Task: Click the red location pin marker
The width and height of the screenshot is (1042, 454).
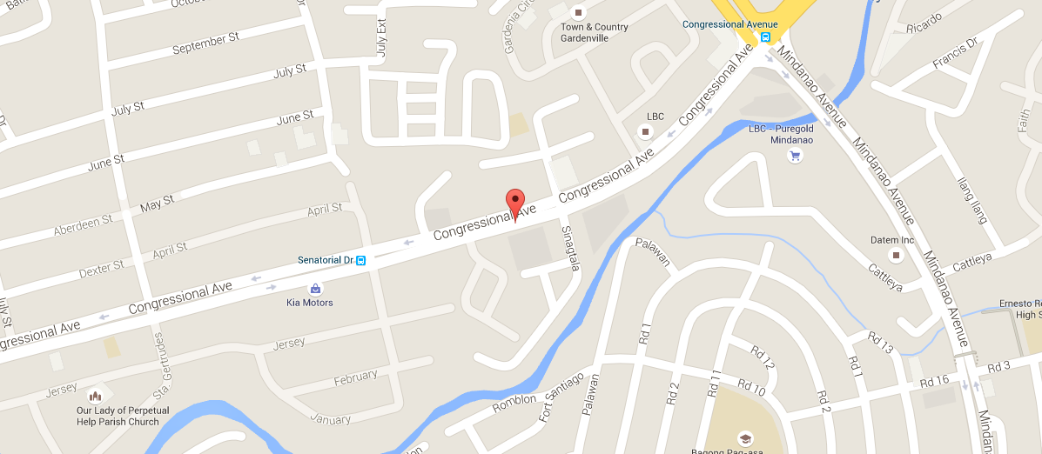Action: point(515,202)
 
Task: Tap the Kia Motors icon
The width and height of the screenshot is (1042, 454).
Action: point(314,288)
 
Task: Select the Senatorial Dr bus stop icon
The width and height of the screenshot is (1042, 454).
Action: point(360,260)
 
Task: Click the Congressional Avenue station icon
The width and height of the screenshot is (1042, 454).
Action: point(765,37)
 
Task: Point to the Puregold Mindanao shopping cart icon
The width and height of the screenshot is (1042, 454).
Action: point(794,156)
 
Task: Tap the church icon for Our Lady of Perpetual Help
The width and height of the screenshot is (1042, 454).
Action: point(96,396)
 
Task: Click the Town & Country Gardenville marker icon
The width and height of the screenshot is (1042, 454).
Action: point(577,12)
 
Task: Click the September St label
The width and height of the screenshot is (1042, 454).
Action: point(205,44)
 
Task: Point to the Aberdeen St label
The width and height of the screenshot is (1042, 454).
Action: point(84,225)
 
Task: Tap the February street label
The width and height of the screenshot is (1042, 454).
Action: point(356,377)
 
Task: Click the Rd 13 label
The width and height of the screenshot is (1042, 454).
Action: point(881,343)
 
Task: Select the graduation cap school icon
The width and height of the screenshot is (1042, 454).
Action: point(744,437)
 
